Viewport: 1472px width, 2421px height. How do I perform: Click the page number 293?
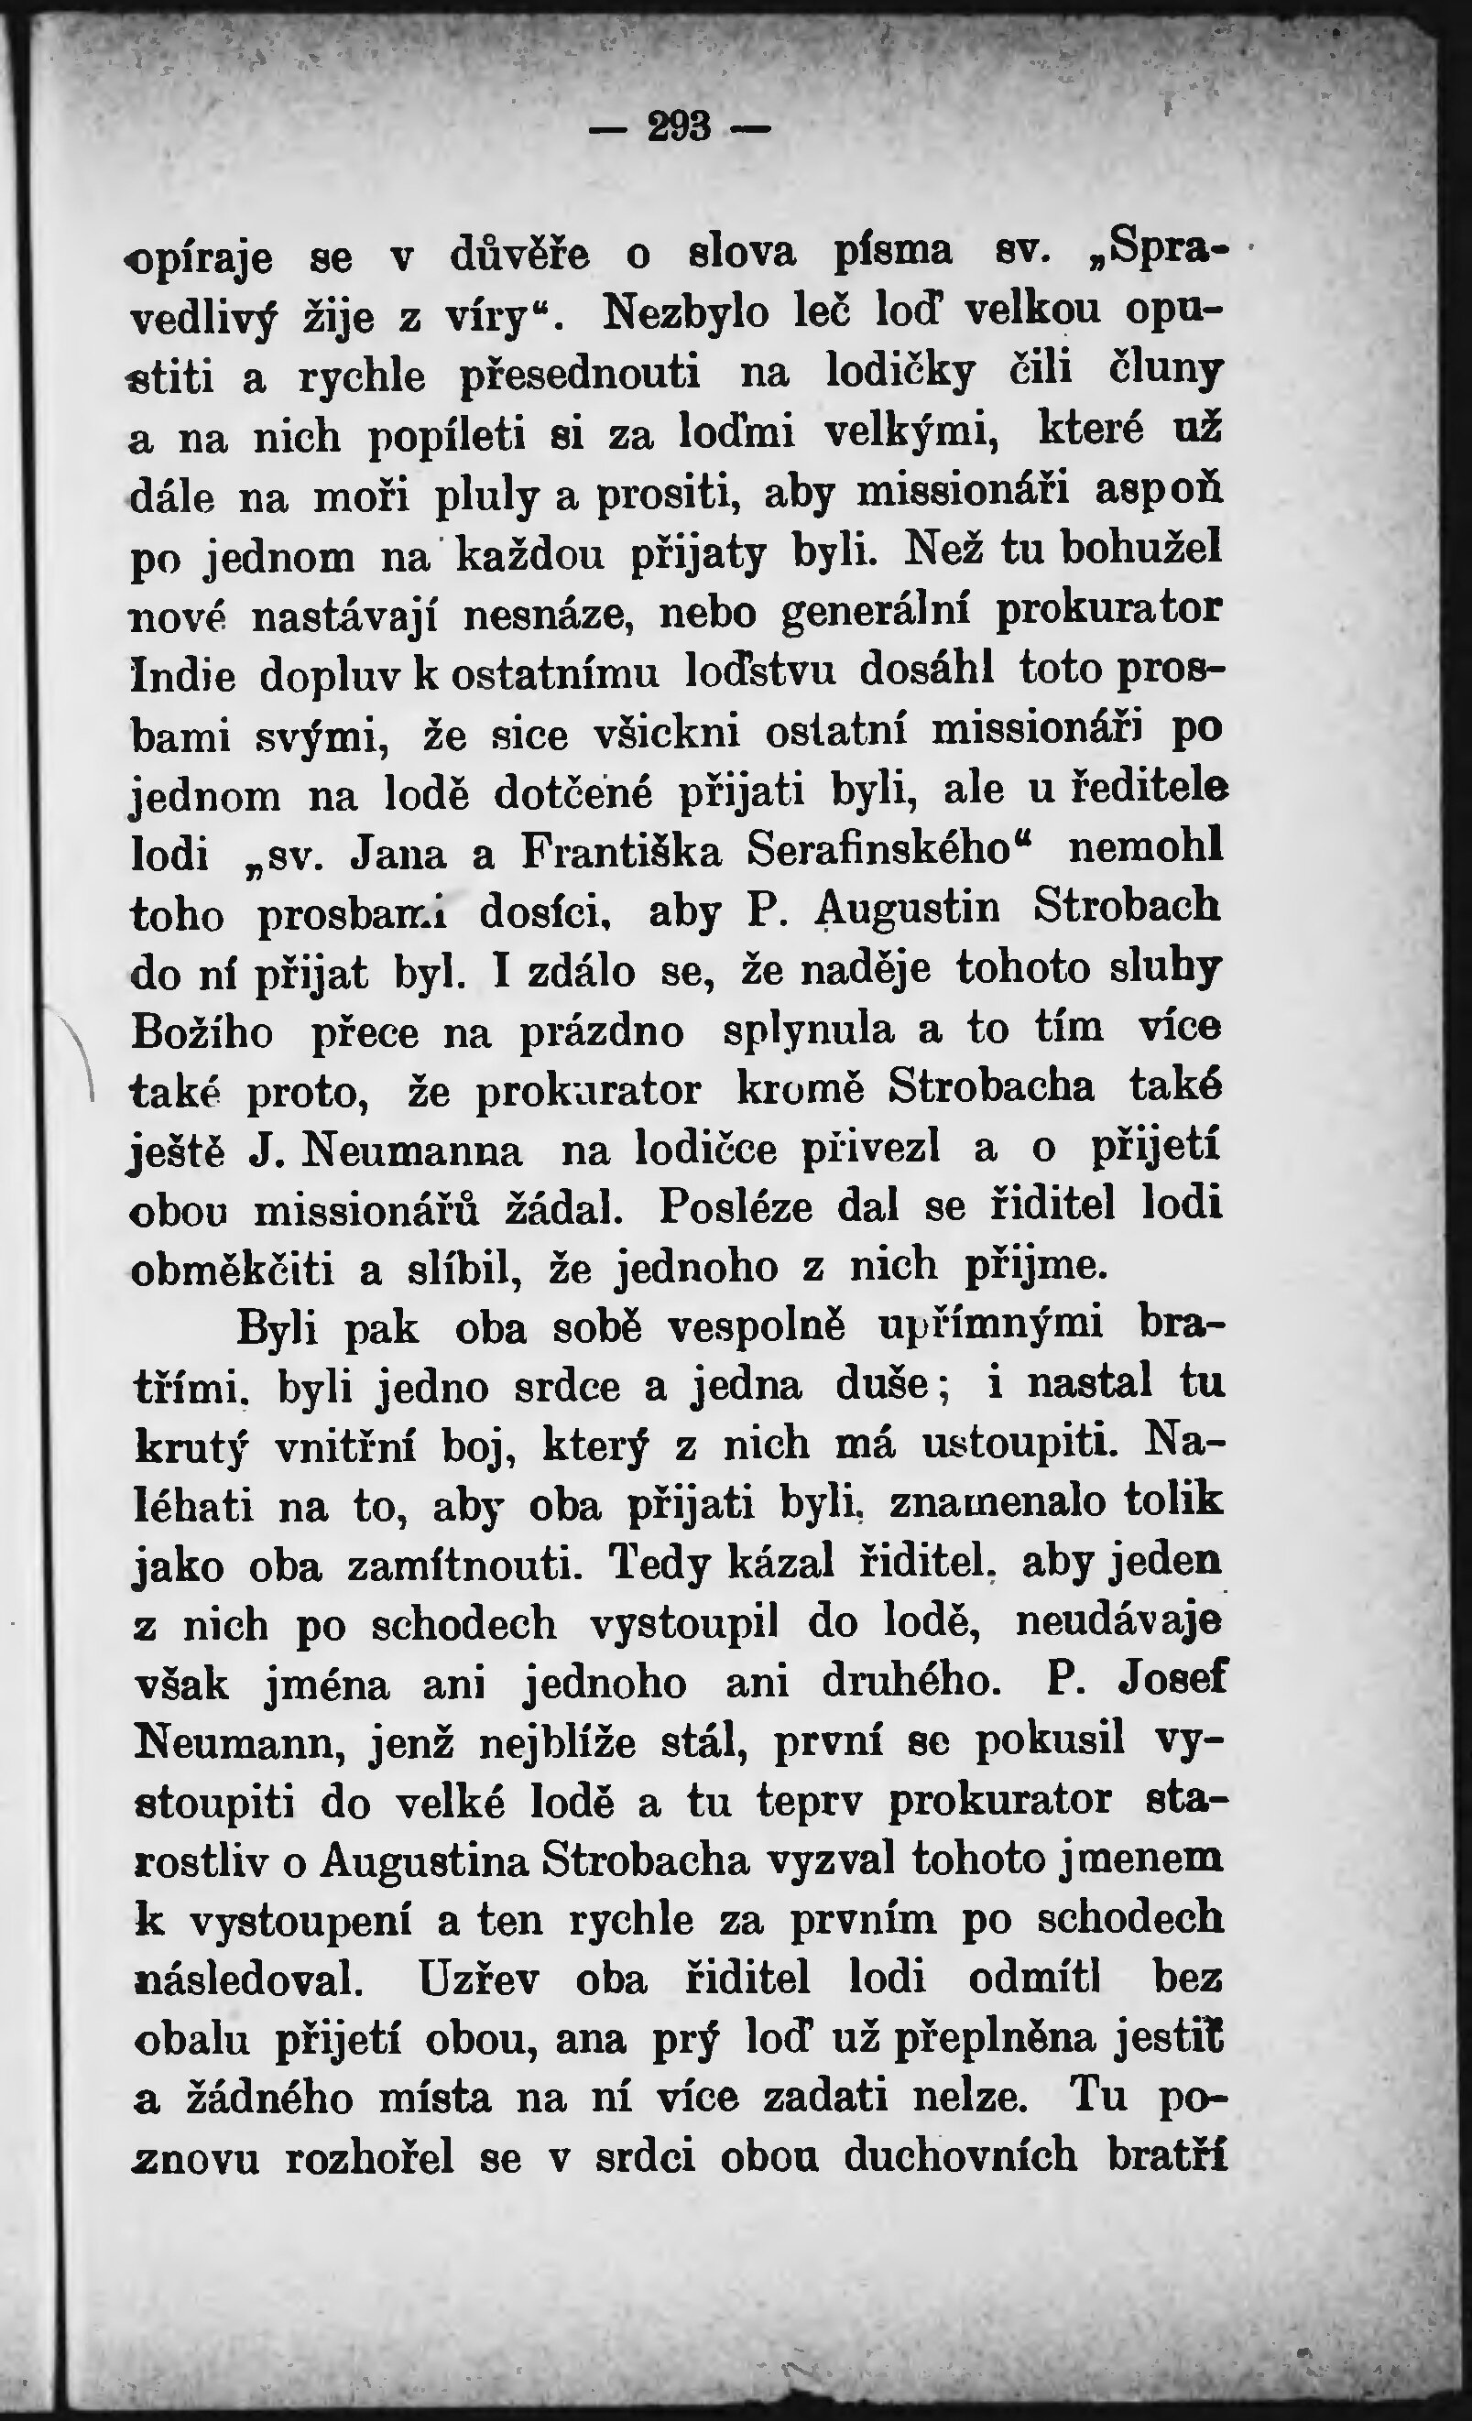click(679, 126)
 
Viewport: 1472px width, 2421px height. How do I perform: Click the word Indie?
click(184, 677)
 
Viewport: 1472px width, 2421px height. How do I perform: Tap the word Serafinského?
click(878, 849)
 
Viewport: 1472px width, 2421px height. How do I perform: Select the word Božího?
click(202, 1032)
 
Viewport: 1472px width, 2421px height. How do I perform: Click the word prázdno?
click(602, 1031)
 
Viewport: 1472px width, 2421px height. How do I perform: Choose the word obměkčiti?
click(232, 1270)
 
